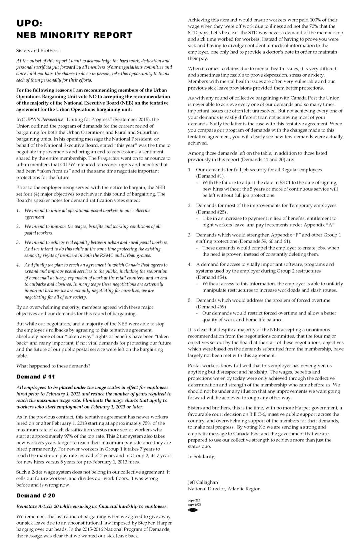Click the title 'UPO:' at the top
29,23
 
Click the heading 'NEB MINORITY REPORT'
74,35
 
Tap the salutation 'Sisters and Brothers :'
38,51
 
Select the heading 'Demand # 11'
36,377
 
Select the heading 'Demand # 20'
36,496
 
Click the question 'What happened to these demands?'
53,366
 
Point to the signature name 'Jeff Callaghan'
203,482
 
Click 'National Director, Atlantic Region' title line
224,489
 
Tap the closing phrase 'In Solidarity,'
201,456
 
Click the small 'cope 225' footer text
194,500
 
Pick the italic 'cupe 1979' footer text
194,504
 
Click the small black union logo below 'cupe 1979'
193,510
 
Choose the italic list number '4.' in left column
18,265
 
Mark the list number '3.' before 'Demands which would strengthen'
190,235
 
